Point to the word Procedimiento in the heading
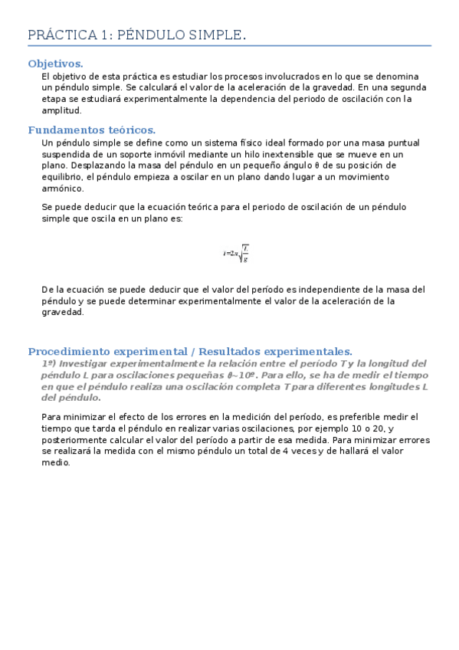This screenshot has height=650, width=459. pos(72,351)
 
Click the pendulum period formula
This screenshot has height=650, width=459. pos(235,253)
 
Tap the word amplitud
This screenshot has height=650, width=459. pos(61,110)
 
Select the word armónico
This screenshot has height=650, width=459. pos(64,188)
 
